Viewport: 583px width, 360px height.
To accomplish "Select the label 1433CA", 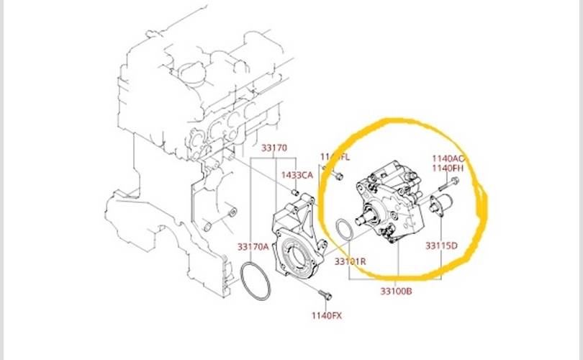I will pyautogui.click(x=297, y=175).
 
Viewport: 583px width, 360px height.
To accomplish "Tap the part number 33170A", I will pyautogui.click(x=253, y=246).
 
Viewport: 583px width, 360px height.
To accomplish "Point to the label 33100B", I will pyautogui.click(x=397, y=292).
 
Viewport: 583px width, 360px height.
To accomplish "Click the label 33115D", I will pyautogui.click(x=441, y=246).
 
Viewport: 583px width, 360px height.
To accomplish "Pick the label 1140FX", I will pyautogui.click(x=327, y=315).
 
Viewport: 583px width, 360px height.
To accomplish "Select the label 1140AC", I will pyautogui.click(x=448, y=158).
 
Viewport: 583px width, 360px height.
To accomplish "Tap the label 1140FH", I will pyautogui.click(x=448, y=168).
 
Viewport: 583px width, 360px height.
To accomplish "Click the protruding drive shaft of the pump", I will pyautogui.click(x=367, y=213).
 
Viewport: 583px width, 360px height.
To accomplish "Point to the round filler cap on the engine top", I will pyautogui.click(x=189, y=72).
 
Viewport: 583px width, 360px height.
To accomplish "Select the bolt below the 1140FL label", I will pyautogui.click(x=338, y=175).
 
